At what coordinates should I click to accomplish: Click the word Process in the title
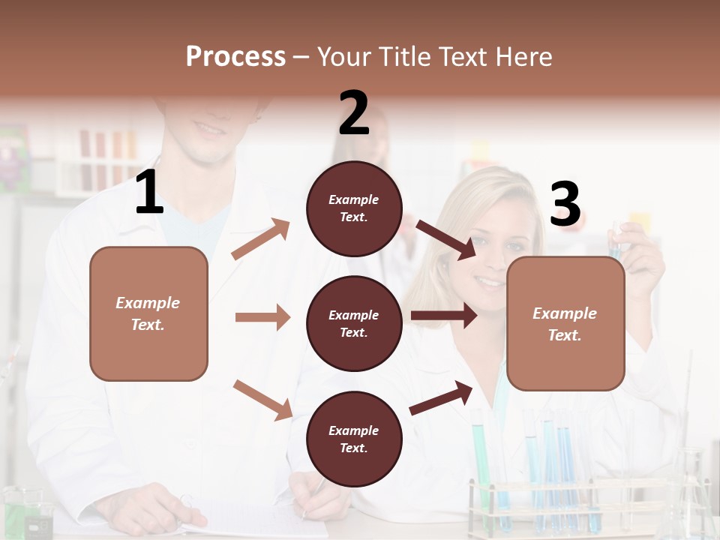coord(235,57)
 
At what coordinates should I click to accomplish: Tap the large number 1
coord(149,193)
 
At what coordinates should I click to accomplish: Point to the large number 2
coord(354,113)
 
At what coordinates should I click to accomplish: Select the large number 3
coord(565,205)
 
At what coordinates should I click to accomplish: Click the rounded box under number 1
coord(148,313)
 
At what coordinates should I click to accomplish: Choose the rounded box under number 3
coord(565,323)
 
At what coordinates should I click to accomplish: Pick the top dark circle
coord(354,208)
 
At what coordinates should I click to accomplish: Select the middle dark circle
coord(354,323)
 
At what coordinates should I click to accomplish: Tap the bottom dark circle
coord(354,439)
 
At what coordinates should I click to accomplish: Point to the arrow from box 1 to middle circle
coord(262,317)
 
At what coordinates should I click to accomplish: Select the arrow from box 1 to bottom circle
coord(262,400)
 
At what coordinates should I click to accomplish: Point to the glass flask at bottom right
coord(690,499)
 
